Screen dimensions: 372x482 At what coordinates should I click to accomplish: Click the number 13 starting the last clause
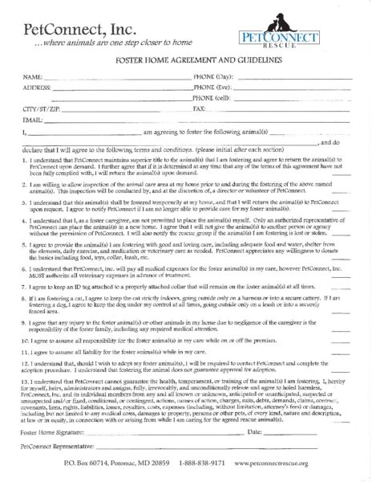pyautogui.click(x=25, y=364)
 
